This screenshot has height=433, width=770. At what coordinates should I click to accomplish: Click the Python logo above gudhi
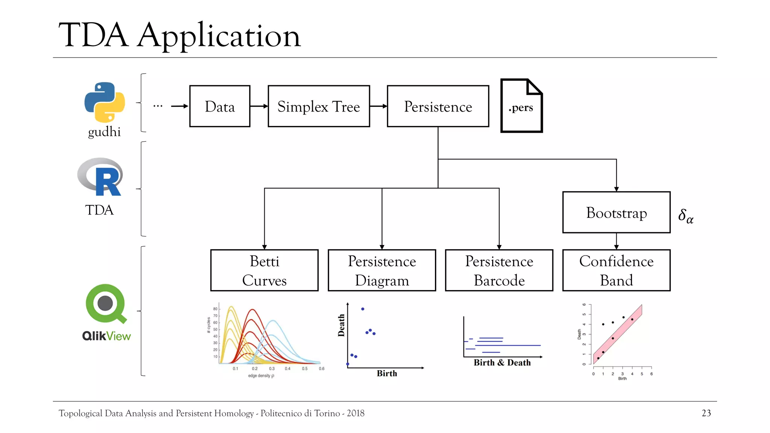pyautogui.click(x=105, y=102)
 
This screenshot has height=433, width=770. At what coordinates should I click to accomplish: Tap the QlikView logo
pyautogui.click(x=106, y=312)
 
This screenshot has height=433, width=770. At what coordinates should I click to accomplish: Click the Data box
pyautogui.click(x=220, y=106)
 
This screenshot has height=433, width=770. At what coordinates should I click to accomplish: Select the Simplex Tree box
pyautogui.click(x=318, y=106)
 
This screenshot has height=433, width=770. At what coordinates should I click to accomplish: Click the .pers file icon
pyautogui.click(x=521, y=106)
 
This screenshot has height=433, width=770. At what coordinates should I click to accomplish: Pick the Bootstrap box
pyautogui.click(x=616, y=212)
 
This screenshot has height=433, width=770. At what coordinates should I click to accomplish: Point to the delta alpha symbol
pyautogui.click(x=685, y=216)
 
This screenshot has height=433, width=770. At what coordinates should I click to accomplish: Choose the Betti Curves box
pyautogui.click(x=264, y=270)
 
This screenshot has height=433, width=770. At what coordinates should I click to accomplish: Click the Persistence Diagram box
pyautogui.click(x=382, y=270)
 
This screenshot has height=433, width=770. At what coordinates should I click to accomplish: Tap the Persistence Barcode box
pyautogui.click(x=499, y=270)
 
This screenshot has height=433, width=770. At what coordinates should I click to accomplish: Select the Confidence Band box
pyautogui.click(x=616, y=270)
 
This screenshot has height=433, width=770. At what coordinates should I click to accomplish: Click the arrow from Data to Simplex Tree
pyautogui.click(x=259, y=106)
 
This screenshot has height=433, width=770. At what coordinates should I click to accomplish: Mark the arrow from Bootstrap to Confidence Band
pyautogui.click(x=616, y=241)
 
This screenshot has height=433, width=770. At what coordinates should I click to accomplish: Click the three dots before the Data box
pyautogui.click(x=158, y=106)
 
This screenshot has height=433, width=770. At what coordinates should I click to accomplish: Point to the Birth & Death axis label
pyautogui.click(x=502, y=363)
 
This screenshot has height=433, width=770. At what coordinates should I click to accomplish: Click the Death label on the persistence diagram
pyautogui.click(x=341, y=325)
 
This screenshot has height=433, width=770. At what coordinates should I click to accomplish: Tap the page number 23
pyautogui.click(x=706, y=413)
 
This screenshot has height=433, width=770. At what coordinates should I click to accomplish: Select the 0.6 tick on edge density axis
pyautogui.click(x=321, y=369)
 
